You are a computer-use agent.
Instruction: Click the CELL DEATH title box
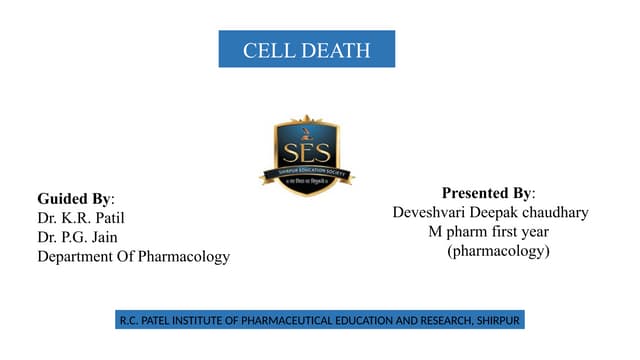[x=306, y=49]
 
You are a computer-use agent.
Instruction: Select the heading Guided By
[x=76, y=198]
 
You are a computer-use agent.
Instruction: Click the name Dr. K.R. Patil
[x=81, y=217]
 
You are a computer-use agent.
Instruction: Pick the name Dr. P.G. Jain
[x=79, y=237]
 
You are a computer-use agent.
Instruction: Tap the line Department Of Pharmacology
[x=133, y=257]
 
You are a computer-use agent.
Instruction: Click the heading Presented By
[x=488, y=192]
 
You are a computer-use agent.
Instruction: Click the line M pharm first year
[x=489, y=232]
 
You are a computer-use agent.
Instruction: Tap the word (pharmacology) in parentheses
[x=499, y=252]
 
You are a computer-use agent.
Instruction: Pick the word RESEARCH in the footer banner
[x=439, y=321]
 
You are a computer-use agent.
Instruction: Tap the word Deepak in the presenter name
[x=497, y=212]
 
